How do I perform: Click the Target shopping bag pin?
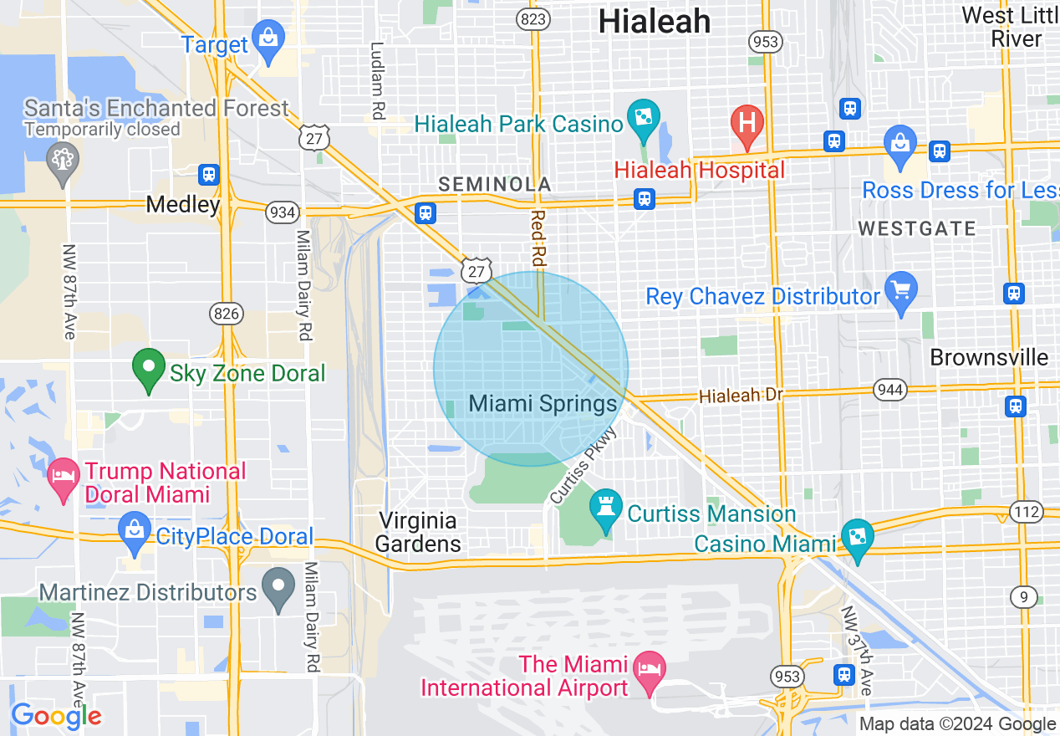click(x=268, y=40)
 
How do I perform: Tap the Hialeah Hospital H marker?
click(x=747, y=124)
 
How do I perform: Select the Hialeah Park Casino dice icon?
click(x=644, y=118)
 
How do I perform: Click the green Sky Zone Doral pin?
click(x=149, y=368)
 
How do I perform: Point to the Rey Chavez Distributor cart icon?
click(x=900, y=291)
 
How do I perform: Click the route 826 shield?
click(x=227, y=314)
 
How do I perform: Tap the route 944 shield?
click(x=889, y=389)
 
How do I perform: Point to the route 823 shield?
click(x=533, y=18)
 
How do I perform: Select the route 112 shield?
click(x=1026, y=511)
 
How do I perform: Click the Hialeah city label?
click(x=655, y=22)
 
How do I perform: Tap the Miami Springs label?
click(x=543, y=404)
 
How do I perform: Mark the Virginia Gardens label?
click(x=417, y=533)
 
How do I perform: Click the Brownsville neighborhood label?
click(x=989, y=358)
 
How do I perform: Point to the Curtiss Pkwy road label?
click(x=584, y=465)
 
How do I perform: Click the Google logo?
click(x=55, y=716)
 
